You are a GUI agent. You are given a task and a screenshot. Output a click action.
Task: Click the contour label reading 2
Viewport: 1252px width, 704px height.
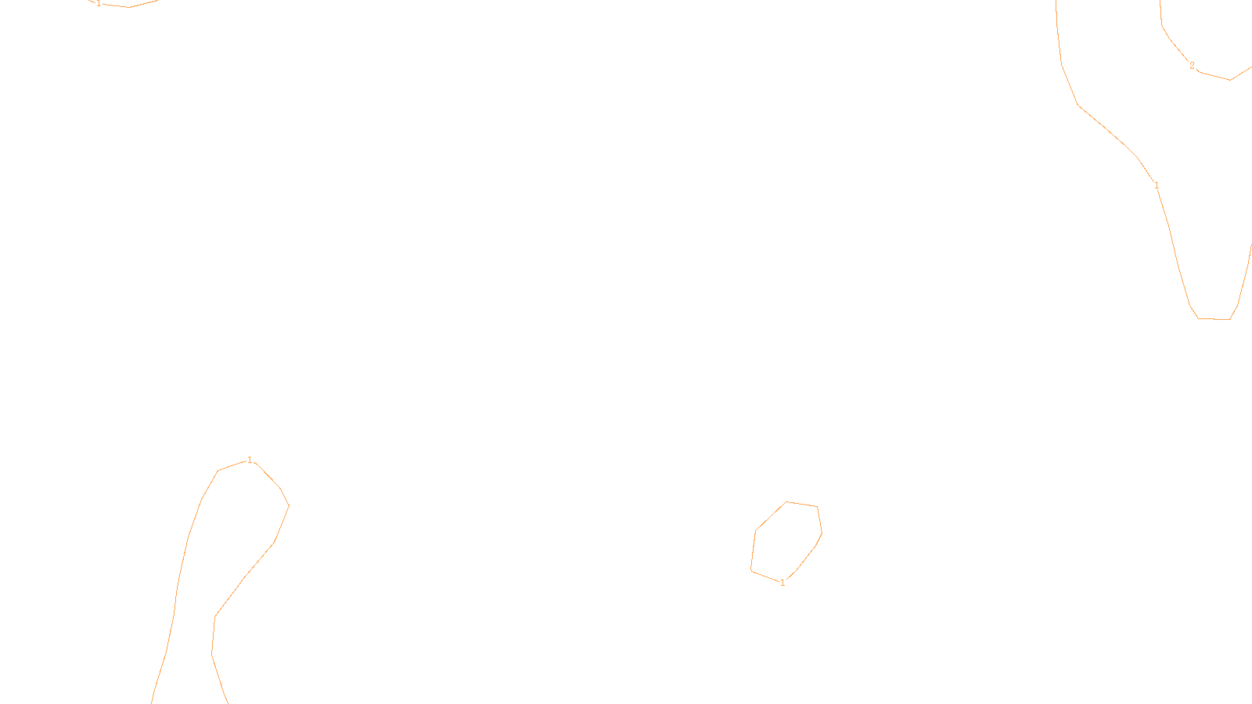1192,66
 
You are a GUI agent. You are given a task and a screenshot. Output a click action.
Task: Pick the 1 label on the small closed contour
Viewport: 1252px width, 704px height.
782,583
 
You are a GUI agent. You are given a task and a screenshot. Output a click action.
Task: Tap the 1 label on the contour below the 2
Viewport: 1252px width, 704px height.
1157,185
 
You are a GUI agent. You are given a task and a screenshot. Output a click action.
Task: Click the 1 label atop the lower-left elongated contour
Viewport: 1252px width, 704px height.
250,460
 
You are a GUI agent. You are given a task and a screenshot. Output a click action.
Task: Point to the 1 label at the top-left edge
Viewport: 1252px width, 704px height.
99,3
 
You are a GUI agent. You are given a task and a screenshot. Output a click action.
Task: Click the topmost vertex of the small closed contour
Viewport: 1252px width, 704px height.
786,502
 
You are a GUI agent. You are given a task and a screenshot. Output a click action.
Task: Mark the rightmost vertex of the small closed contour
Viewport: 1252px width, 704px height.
822,532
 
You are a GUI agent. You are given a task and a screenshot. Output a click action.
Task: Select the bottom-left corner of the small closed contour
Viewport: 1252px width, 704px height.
751,571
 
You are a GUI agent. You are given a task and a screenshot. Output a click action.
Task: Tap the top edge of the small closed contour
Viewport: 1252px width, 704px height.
802,505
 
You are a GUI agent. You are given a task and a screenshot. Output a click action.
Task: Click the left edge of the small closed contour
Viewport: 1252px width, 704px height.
753,551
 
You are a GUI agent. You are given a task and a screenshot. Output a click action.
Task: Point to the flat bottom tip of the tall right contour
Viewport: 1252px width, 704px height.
1214,318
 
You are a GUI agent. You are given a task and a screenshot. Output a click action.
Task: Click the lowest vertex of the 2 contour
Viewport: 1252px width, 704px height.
1230,80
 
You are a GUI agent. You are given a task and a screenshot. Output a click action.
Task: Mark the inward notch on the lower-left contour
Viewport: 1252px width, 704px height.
215,616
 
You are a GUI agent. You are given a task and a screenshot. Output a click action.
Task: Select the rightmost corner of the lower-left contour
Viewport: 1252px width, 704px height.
289,505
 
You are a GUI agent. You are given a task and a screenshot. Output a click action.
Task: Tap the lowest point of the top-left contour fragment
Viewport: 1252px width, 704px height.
129,7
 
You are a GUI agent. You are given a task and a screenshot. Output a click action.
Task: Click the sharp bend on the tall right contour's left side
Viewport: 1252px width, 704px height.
1079,105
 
